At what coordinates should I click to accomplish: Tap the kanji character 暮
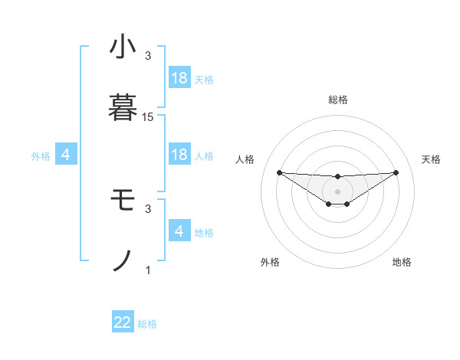pos(123,108)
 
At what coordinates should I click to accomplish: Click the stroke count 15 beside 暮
pos(148,117)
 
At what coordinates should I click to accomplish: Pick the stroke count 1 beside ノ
pos(148,270)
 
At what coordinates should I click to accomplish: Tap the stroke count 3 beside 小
pos(148,56)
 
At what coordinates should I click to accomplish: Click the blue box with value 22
pos(123,322)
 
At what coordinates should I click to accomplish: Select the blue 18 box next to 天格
pos(179,78)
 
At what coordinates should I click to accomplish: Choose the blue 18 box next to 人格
pos(179,155)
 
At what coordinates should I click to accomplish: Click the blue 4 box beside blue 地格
pos(179,231)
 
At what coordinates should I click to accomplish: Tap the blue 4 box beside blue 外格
pos(66,155)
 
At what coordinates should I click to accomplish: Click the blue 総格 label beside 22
pos(148,324)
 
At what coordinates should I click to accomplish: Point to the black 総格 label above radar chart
pos(337,100)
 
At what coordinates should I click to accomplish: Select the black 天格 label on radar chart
pos(432,159)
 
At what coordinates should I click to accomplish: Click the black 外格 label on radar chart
pos(270,262)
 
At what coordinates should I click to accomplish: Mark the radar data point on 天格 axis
pos(396,172)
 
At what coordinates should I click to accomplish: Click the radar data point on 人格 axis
pos(279,172)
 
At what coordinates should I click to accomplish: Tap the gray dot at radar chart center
pos(337,191)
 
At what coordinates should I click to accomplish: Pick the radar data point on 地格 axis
pos(347,204)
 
